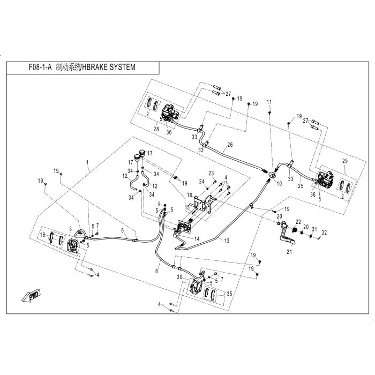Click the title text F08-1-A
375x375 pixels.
[x=38, y=68]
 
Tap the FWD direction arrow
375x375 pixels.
[x=29, y=295]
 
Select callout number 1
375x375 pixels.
[x=87, y=161]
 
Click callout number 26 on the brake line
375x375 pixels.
[x=230, y=145]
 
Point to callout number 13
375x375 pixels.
[x=227, y=242]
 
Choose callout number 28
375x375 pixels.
[x=157, y=129]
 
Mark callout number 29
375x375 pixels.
[x=344, y=161]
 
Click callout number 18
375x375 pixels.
[x=41, y=235]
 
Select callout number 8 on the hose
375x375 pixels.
[x=157, y=272]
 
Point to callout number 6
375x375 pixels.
[x=122, y=230]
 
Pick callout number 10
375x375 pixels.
[x=278, y=183]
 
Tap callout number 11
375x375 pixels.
[x=269, y=102]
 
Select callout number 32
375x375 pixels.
[x=323, y=232]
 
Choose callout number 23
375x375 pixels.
[x=211, y=172]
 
